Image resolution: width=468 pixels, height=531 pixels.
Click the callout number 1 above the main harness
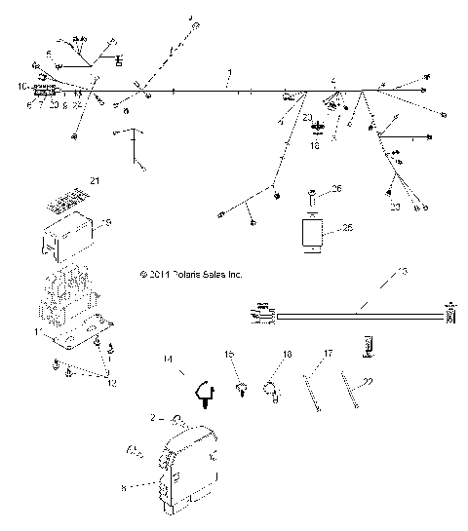(x=229, y=74)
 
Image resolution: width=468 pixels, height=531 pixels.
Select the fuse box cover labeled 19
(x=68, y=238)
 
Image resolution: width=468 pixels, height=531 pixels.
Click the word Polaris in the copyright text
(x=186, y=276)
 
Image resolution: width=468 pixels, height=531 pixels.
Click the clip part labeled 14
(x=206, y=389)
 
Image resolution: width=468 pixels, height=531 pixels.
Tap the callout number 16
(x=287, y=355)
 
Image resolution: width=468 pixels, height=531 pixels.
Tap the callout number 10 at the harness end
(x=21, y=86)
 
